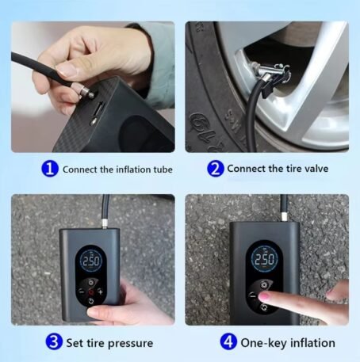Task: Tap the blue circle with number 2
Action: [215, 169]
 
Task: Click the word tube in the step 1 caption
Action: [159, 169]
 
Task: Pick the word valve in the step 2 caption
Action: [313, 169]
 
